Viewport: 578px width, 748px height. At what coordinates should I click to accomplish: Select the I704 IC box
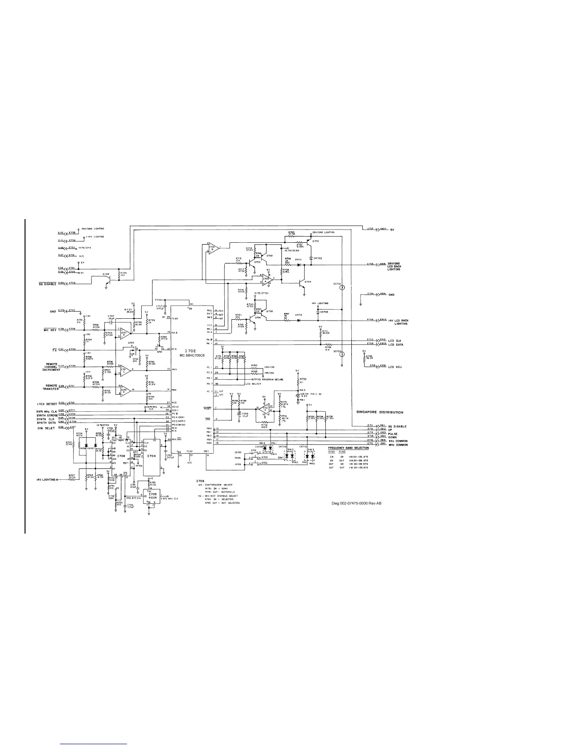151,457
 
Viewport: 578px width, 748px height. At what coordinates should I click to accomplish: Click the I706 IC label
121,457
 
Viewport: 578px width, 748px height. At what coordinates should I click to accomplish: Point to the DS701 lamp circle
343,287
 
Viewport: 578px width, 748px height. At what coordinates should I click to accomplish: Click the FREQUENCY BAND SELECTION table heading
349,447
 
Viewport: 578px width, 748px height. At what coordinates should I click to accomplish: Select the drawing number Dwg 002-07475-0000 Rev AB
357,503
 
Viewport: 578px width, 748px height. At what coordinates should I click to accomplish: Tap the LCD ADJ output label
395,366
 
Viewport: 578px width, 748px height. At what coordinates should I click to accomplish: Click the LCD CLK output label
395,340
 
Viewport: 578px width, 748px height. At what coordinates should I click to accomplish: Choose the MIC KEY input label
47,329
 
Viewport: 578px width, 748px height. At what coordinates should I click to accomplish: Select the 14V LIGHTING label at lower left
46,480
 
